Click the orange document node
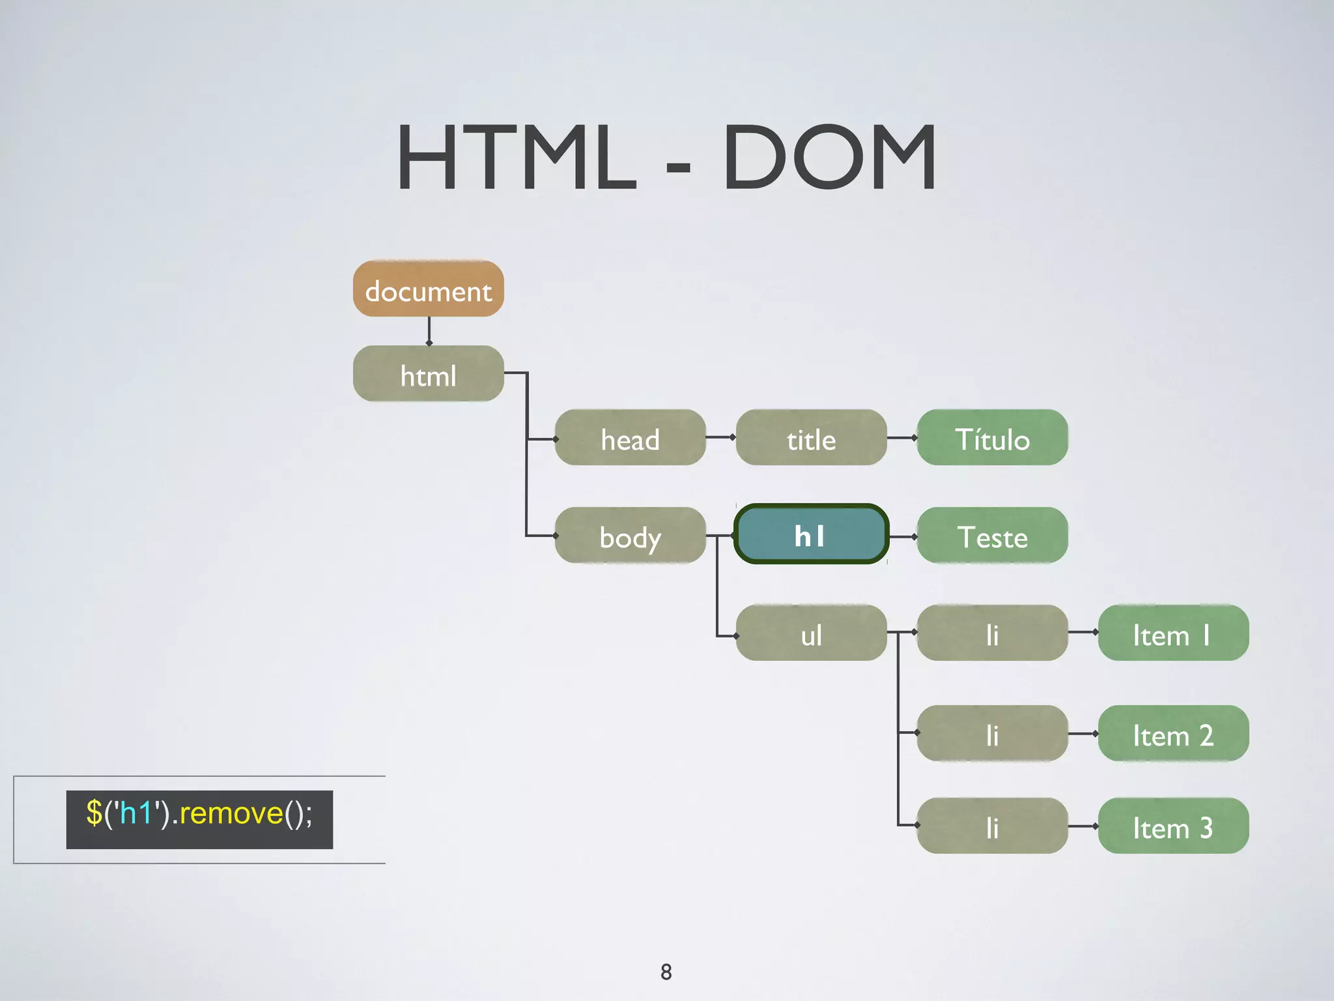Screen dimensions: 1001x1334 click(428, 289)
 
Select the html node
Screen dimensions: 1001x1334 click(428, 374)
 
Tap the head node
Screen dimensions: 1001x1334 click(630, 438)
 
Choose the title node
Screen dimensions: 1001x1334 click(811, 438)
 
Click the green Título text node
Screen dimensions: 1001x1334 click(992, 438)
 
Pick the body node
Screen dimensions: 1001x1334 click(630, 536)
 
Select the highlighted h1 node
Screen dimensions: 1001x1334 click(811, 535)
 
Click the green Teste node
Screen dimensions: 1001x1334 click(992, 536)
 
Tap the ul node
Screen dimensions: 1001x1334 click(811, 633)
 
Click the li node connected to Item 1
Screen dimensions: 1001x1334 click(992, 633)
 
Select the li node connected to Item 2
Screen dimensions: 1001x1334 click(992, 734)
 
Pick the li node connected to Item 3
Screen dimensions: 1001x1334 click(992, 826)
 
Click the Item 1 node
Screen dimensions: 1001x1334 click(1173, 633)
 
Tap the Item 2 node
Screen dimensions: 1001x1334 click(1173, 734)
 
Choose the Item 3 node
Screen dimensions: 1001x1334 click(1173, 826)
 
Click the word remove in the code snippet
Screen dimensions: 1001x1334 click(231, 814)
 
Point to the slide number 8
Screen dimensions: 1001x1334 click(666, 972)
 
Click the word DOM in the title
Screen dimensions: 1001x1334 click(829, 158)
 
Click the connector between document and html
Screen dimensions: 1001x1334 click(429, 331)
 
